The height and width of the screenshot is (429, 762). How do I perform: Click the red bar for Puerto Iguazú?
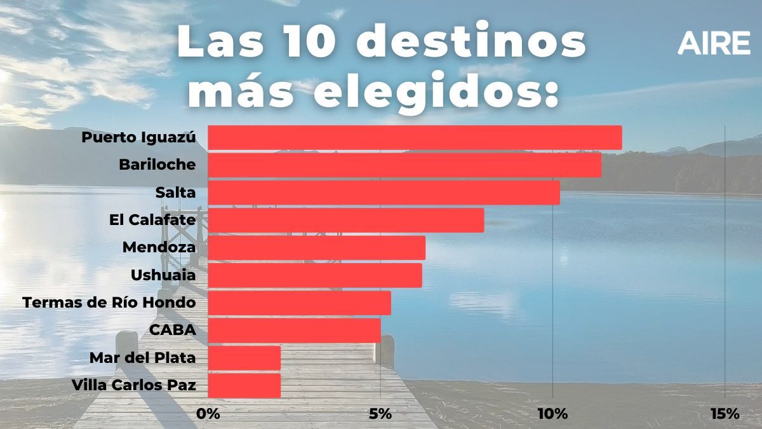tap(415, 138)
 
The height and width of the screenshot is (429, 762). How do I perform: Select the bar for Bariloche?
tap(404, 165)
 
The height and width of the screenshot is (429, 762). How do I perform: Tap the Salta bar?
tap(384, 193)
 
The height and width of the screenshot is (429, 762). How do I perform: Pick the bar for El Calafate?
tap(346, 221)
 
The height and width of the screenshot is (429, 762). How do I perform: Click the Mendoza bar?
tap(316, 248)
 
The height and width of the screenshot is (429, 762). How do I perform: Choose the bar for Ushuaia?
tap(315, 275)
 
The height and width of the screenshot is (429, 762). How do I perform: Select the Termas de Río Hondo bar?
tap(299, 303)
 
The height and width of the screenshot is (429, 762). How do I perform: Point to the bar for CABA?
tap(294, 330)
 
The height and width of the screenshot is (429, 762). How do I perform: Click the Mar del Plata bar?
tap(244, 358)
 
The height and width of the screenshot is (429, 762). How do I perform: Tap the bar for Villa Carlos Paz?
tap(244, 385)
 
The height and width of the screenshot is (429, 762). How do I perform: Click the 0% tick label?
tap(208, 414)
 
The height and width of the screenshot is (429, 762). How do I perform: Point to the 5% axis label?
tap(380, 414)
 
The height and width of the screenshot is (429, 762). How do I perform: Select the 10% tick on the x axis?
tap(552, 414)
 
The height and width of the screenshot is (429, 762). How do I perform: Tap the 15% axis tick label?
tap(725, 414)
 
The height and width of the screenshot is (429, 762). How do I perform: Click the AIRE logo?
tap(714, 43)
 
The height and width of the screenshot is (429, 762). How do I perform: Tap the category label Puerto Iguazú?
tap(138, 138)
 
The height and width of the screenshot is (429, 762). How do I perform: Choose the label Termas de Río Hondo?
tap(109, 303)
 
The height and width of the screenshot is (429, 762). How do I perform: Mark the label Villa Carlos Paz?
tap(133, 385)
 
